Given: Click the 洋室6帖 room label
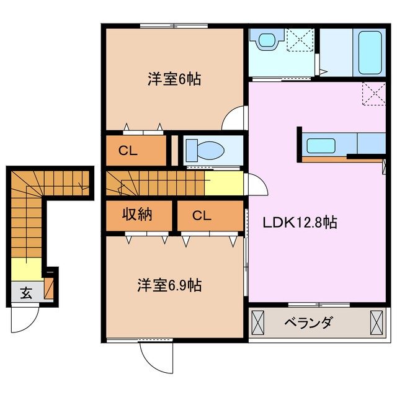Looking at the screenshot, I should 174,79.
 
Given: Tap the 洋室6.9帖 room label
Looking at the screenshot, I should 169,286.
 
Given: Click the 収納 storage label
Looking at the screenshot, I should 137,216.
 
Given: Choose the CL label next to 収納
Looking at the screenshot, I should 202,216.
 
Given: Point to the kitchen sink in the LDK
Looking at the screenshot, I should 321,146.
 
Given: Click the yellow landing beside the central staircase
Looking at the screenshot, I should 223,183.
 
